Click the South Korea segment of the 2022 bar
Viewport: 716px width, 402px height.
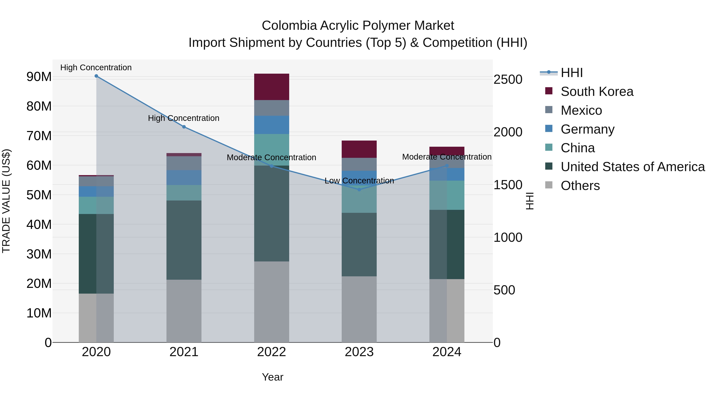[271, 87]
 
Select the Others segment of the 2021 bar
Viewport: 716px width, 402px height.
[184, 311]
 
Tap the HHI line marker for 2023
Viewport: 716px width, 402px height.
[359, 190]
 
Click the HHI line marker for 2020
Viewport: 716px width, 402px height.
[96, 76]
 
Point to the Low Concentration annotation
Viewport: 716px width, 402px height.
[359, 181]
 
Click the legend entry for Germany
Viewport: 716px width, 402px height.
[587, 129]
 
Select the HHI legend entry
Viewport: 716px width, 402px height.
[571, 73]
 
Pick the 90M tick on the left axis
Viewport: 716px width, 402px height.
[39, 77]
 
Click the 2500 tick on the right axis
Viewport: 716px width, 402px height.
[508, 80]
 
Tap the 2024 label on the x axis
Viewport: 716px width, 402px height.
[447, 352]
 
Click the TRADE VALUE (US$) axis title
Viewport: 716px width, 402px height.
[6, 201]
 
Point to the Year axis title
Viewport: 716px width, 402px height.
[272, 377]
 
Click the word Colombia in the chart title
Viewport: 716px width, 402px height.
[289, 26]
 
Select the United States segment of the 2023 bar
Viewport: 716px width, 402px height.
[359, 244]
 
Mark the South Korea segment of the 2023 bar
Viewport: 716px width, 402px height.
[359, 149]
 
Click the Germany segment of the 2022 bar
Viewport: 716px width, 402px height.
[271, 125]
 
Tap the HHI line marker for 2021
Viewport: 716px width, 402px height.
[184, 127]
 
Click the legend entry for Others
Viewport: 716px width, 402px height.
[580, 186]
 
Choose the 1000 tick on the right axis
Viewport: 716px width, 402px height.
[508, 237]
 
